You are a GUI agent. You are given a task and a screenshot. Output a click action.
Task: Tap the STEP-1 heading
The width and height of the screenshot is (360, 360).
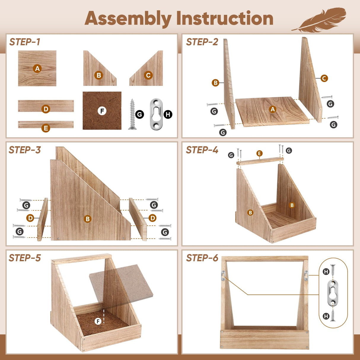pyautogui.click(x=25, y=42)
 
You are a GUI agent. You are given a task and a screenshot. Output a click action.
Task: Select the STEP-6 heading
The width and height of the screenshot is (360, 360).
pyautogui.click(x=202, y=258)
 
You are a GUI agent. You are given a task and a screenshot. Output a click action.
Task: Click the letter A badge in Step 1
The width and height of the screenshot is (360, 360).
pyautogui.click(x=37, y=69)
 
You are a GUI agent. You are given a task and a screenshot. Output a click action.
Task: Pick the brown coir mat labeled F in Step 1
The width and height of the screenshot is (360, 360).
pyautogui.click(x=102, y=111)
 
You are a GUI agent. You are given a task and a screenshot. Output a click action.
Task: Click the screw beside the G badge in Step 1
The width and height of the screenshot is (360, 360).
pyautogui.click(x=132, y=114)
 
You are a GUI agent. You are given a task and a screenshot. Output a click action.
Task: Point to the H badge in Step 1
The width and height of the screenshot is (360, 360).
pyautogui.click(x=168, y=114)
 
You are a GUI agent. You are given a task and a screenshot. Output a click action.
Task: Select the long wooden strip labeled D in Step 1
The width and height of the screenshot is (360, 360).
pyautogui.click(x=46, y=106)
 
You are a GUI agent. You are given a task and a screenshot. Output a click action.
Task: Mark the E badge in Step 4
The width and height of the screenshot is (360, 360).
pyautogui.click(x=259, y=153)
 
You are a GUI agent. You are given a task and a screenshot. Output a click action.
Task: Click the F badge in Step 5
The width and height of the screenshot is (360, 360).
pyautogui.click(x=98, y=321)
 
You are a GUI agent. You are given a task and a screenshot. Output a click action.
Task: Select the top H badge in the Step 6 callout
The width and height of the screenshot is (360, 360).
pyautogui.click(x=326, y=272)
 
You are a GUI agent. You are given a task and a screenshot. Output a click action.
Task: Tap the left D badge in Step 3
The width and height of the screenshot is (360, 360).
pyautogui.click(x=30, y=218)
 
